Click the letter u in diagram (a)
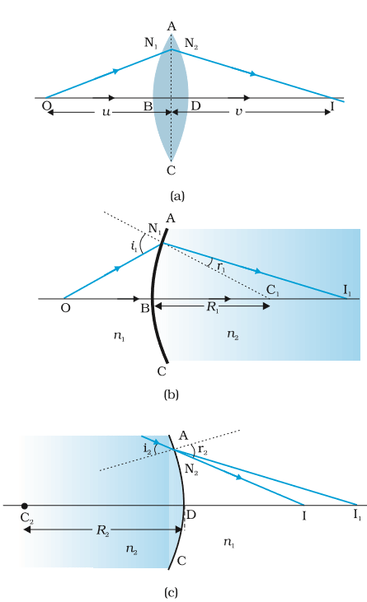pos(106,113)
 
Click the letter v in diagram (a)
pos(238,112)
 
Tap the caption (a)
pos(177,196)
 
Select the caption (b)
pos(171,394)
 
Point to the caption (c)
pos(171,593)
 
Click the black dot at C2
pos(25,506)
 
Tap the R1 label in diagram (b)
pos(213,307)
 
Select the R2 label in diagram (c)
pos(102,530)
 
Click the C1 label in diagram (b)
pos(272,290)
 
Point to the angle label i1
pos(134,245)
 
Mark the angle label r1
pos(220,267)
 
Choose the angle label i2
pos(147,448)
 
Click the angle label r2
pos(203,450)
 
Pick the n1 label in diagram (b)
pos(119,336)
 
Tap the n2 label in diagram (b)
pos(233,335)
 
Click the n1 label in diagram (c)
pos(229,542)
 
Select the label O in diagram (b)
pos(66,308)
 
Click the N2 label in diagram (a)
pos(191,44)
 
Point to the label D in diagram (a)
pos(195,105)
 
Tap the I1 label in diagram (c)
pos(357,515)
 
